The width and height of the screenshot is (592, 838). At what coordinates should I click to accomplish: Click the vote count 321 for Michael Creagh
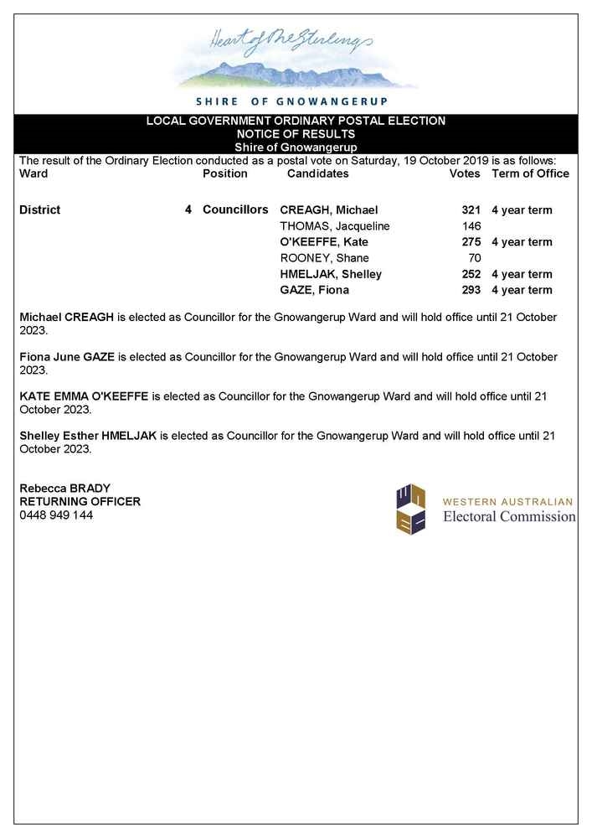pyautogui.click(x=471, y=209)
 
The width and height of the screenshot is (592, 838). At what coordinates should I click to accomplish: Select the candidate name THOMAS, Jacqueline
pyautogui.click(x=335, y=225)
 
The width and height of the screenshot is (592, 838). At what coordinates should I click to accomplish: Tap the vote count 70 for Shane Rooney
pyautogui.click(x=474, y=258)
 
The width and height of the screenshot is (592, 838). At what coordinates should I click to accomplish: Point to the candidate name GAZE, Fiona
pyautogui.click(x=315, y=290)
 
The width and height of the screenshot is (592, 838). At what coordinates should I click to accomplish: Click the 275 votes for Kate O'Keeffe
pyautogui.click(x=471, y=242)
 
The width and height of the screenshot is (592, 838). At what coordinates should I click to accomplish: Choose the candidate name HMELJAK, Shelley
pyautogui.click(x=331, y=274)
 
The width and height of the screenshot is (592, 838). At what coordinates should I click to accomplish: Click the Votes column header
pyautogui.click(x=465, y=173)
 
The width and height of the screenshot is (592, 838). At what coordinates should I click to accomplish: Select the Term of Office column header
pyautogui.click(x=530, y=173)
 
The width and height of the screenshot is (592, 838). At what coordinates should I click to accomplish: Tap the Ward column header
pyautogui.click(x=33, y=173)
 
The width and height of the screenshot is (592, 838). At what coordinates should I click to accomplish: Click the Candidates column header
pyautogui.click(x=317, y=173)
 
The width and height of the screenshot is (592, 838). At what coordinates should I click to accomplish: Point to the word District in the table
pyautogui.click(x=39, y=209)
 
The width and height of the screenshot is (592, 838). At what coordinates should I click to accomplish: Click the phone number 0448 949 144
pyautogui.click(x=56, y=515)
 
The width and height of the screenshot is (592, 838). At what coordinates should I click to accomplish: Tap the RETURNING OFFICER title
pyautogui.click(x=80, y=502)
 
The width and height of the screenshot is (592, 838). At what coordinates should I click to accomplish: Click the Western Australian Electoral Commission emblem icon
pyautogui.click(x=411, y=510)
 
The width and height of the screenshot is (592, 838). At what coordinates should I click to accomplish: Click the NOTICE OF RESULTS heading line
pyautogui.click(x=296, y=134)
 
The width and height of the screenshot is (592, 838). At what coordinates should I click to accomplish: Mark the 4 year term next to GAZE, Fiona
pyautogui.click(x=522, y=290)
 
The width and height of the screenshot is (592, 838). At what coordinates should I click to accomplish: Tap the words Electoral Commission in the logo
pyautogui.click(x=509, y=517)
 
